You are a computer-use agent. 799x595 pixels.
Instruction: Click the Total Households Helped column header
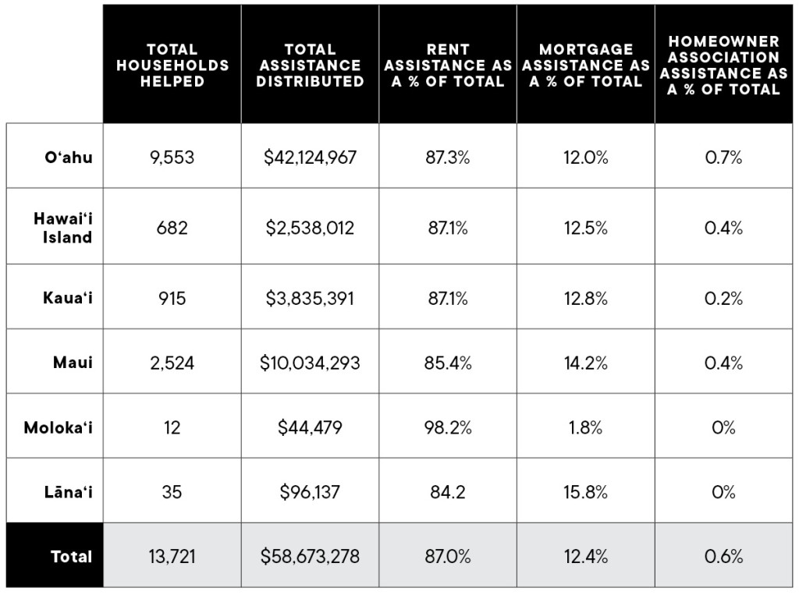click(172, 65)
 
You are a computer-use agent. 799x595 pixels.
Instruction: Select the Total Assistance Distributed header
click(310, 65)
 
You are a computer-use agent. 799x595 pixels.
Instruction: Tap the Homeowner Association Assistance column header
click(723, 65)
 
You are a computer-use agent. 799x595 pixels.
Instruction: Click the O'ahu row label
click(69, 157)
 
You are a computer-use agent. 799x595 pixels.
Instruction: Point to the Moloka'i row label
click(58, 427)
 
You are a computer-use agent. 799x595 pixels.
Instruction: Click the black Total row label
click(71, 557)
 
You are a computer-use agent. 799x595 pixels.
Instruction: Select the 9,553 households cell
click(172, 157)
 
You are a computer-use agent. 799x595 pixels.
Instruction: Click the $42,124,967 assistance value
click(310, 157)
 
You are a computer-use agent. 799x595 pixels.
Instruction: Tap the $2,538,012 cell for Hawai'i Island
click(310, 228)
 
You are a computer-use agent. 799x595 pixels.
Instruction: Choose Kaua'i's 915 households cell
click(172, 298)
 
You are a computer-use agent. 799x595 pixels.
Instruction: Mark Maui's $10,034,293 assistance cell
click(310, 363)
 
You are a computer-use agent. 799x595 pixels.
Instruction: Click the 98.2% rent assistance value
click(448, 427)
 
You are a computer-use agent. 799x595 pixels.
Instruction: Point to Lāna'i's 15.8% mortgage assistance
click(585, 492)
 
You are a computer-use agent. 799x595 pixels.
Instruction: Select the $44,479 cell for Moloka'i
click(310, 427)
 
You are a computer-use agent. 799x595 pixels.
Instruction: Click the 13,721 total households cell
click(172, 557)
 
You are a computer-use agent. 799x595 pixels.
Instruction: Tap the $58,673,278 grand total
click(310, 557)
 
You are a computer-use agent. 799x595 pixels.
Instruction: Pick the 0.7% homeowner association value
click(723, 157)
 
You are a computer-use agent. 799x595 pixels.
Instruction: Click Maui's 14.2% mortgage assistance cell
click(585, 363)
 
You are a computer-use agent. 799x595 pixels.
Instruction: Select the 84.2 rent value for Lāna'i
click(448, 492)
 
